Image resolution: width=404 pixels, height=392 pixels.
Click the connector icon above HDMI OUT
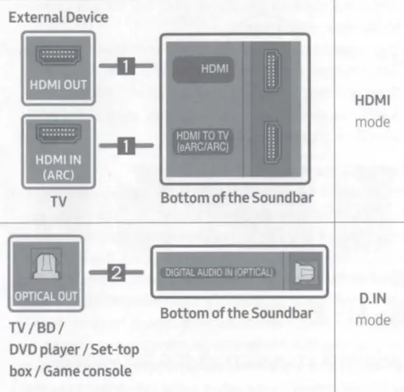[58, 58]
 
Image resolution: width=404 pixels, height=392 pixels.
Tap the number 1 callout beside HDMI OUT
[127, 65]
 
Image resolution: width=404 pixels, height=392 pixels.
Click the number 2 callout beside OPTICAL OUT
[116, 274]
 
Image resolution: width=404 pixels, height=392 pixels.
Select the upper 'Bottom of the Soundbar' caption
[237, 198]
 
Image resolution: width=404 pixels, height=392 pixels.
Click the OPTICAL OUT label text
[45, 296]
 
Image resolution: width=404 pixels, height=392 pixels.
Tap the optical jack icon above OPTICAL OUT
[46, 266]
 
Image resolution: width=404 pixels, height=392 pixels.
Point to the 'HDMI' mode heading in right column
[372, 101]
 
